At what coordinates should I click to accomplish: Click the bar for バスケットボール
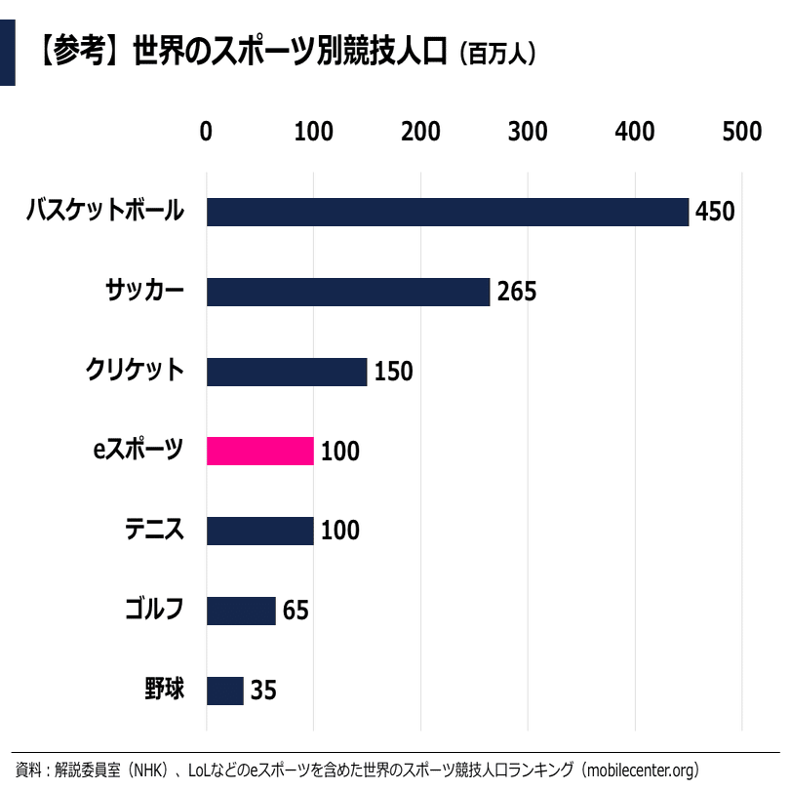point(448,212)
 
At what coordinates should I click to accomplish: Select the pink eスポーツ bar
point(260,451)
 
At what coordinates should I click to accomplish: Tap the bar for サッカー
point(348,292)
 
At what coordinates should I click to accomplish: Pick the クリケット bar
point(287,372)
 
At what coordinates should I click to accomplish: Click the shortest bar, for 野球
point(225,691)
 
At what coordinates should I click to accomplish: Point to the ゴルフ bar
point(241,611)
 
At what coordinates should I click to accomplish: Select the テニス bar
point(260,531)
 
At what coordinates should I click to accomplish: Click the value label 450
point(714,212)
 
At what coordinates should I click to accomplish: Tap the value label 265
point(517,292)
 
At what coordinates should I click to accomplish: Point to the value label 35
point(263,691)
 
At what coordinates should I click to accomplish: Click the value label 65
point(296,611)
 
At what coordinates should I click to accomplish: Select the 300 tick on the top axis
point(528,132)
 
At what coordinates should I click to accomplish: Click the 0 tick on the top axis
point(206,132)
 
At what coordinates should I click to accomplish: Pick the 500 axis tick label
point(741,132)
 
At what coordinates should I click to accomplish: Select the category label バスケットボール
point(104,211)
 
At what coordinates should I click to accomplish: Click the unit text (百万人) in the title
point(497,53)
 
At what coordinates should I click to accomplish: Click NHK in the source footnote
point(152,770)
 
